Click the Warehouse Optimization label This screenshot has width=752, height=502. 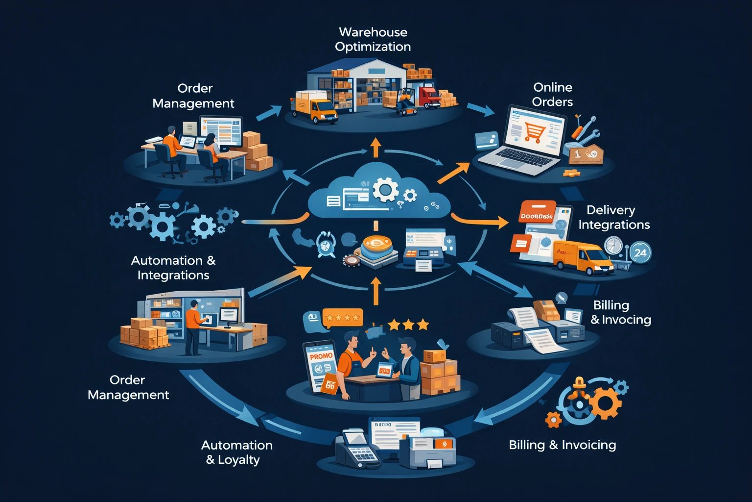click(x=373, y=39)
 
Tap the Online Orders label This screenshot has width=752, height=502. click(x=553, y=95)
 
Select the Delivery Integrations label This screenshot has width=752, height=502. click(x=614, y=217)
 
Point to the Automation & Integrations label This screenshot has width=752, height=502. click(x=173, y=268)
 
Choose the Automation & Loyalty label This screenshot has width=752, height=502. click(x=237, y=452)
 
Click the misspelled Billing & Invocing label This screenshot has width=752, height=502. click(x=620, y=312)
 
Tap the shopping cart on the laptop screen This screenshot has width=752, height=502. click(x=534, y=132)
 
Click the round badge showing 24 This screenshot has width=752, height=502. click(x=640, y=253)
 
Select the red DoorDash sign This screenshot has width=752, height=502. click(x=537, y=214)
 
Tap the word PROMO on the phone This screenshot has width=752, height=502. click(x=321, y=356)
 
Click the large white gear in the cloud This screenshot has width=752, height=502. click(x=385, y=190)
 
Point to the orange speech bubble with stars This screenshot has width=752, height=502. click(x=342, y=318)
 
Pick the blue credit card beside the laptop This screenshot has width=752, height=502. click(x=487, y=140)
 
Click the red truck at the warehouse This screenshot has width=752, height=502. click(x=429, y=96)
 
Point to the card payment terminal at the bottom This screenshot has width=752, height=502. click(x=357, y=449)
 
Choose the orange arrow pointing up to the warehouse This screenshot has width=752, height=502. click(x=376, y=147)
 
